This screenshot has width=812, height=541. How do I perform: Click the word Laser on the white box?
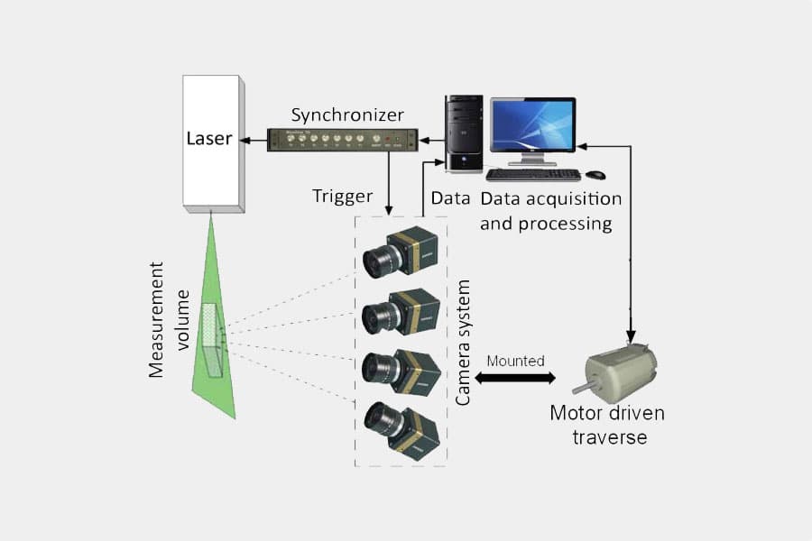(x=208, y=139)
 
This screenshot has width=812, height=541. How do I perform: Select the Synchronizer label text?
(x=347, y=115)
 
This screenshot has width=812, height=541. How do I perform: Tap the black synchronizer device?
(x=343, y=140)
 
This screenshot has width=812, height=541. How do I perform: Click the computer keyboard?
(x=532, y=174)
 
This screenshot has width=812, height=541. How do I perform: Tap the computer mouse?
(x=595, y=174)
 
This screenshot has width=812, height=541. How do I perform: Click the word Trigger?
(x=342, y=196)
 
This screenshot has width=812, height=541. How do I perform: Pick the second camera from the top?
(x=401, y=311)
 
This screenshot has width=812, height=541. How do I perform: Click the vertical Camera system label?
(x=464, y=343)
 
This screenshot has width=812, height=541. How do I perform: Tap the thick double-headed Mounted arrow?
(x=515, y=378)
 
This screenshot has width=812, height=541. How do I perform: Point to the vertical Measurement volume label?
(x=168, y=320)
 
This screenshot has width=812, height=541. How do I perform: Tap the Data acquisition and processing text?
(x=550, y=210)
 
